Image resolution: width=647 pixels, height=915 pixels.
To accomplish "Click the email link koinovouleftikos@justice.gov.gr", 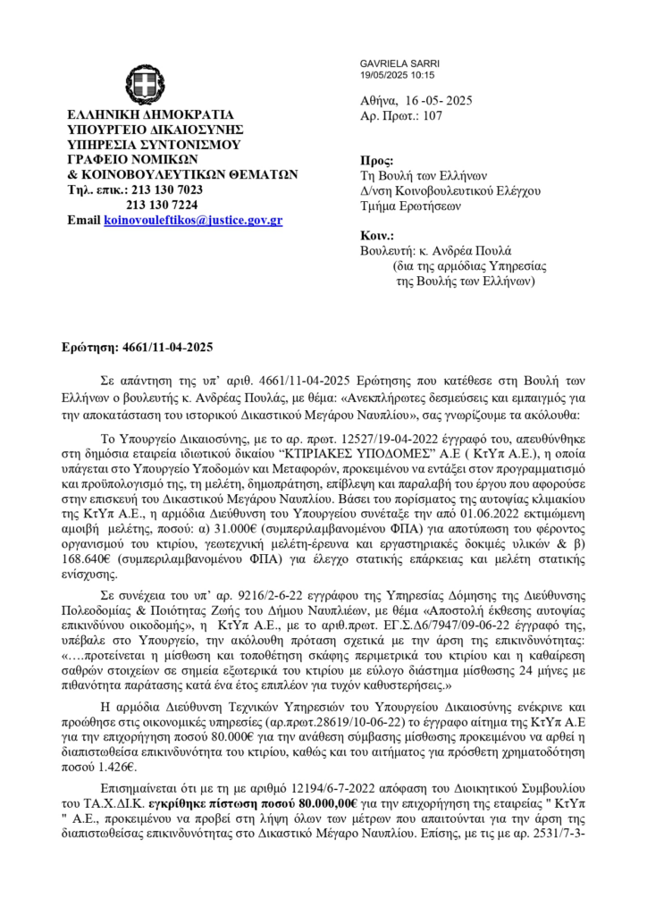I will [x=193, y=219].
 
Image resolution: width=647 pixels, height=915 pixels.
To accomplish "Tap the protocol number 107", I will [x=433, y=117].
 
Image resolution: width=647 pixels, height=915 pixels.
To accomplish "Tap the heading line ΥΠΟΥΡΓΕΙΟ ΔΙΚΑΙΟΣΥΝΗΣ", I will [x=152, y=129].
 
